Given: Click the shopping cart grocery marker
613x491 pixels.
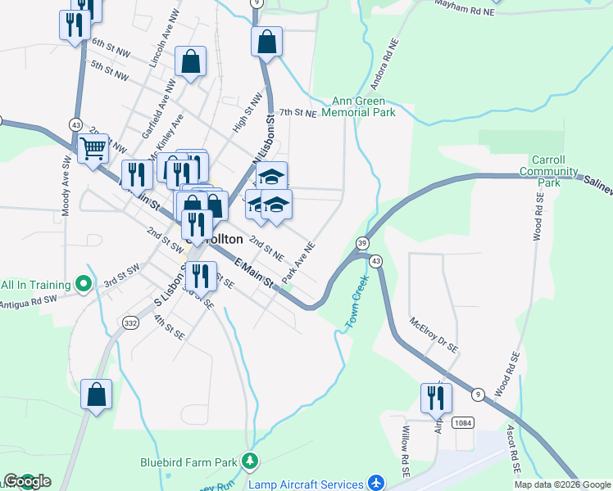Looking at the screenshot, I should tap(93, 149).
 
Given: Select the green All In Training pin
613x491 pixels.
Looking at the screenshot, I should tap(83, 285).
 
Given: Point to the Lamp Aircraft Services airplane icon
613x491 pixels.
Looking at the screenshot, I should tap(375, 484).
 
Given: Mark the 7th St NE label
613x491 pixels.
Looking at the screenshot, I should tap(297, 113).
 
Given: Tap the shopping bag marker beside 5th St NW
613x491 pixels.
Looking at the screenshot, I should tap(190, 61).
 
